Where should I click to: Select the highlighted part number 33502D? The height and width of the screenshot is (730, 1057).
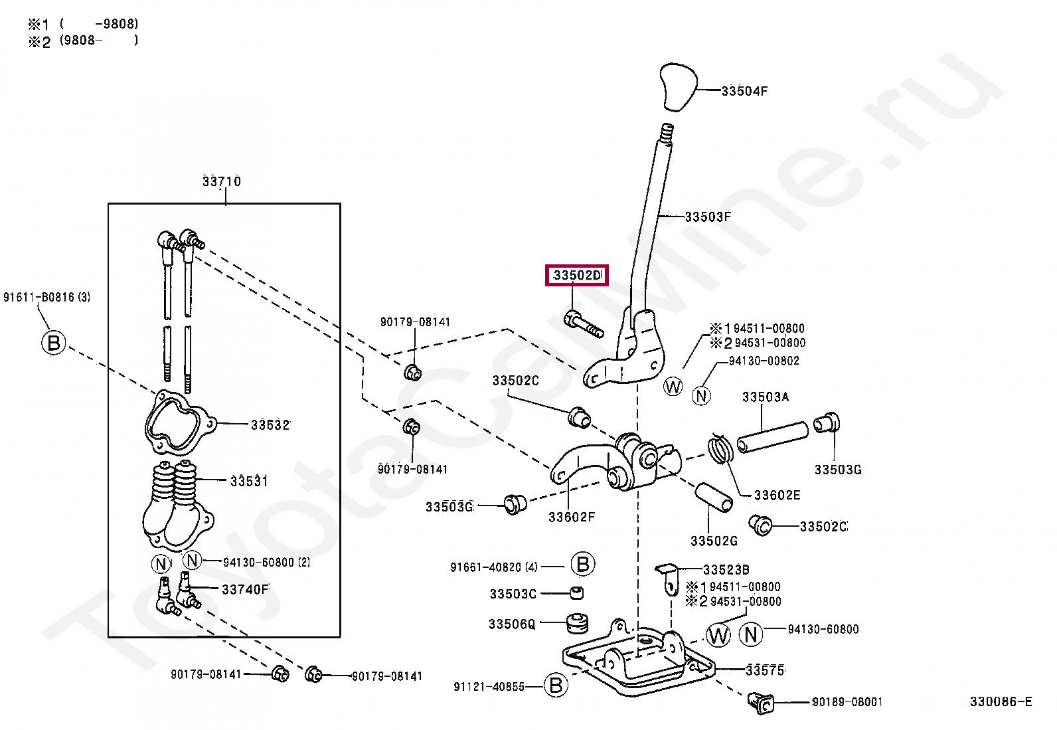tap(576, 275)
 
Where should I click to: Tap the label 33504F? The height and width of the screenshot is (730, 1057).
tap(744, 92)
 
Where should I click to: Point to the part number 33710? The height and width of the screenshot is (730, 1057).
tap(222, 181)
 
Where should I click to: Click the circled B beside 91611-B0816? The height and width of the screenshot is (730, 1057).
tap(54, 343)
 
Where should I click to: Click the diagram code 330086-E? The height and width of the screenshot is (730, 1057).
tap(1001, 702)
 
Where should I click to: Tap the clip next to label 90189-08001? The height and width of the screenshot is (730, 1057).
tap(761, 702)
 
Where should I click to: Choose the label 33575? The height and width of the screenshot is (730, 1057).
tap(765, 670)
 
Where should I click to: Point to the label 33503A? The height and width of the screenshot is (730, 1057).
tap(766, 397)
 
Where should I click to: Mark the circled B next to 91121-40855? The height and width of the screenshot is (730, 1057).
tap(556, 685)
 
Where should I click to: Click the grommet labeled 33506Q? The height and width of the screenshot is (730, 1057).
tap(577, 623)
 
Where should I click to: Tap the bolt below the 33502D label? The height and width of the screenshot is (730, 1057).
tap(584, 323)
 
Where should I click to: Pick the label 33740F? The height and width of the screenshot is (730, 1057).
tap(245, 590)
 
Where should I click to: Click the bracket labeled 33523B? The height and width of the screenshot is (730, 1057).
tap(668, 576)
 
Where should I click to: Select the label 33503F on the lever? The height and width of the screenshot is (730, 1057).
tap(708, 217)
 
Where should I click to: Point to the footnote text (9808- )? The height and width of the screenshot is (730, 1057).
tap(99, 41)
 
